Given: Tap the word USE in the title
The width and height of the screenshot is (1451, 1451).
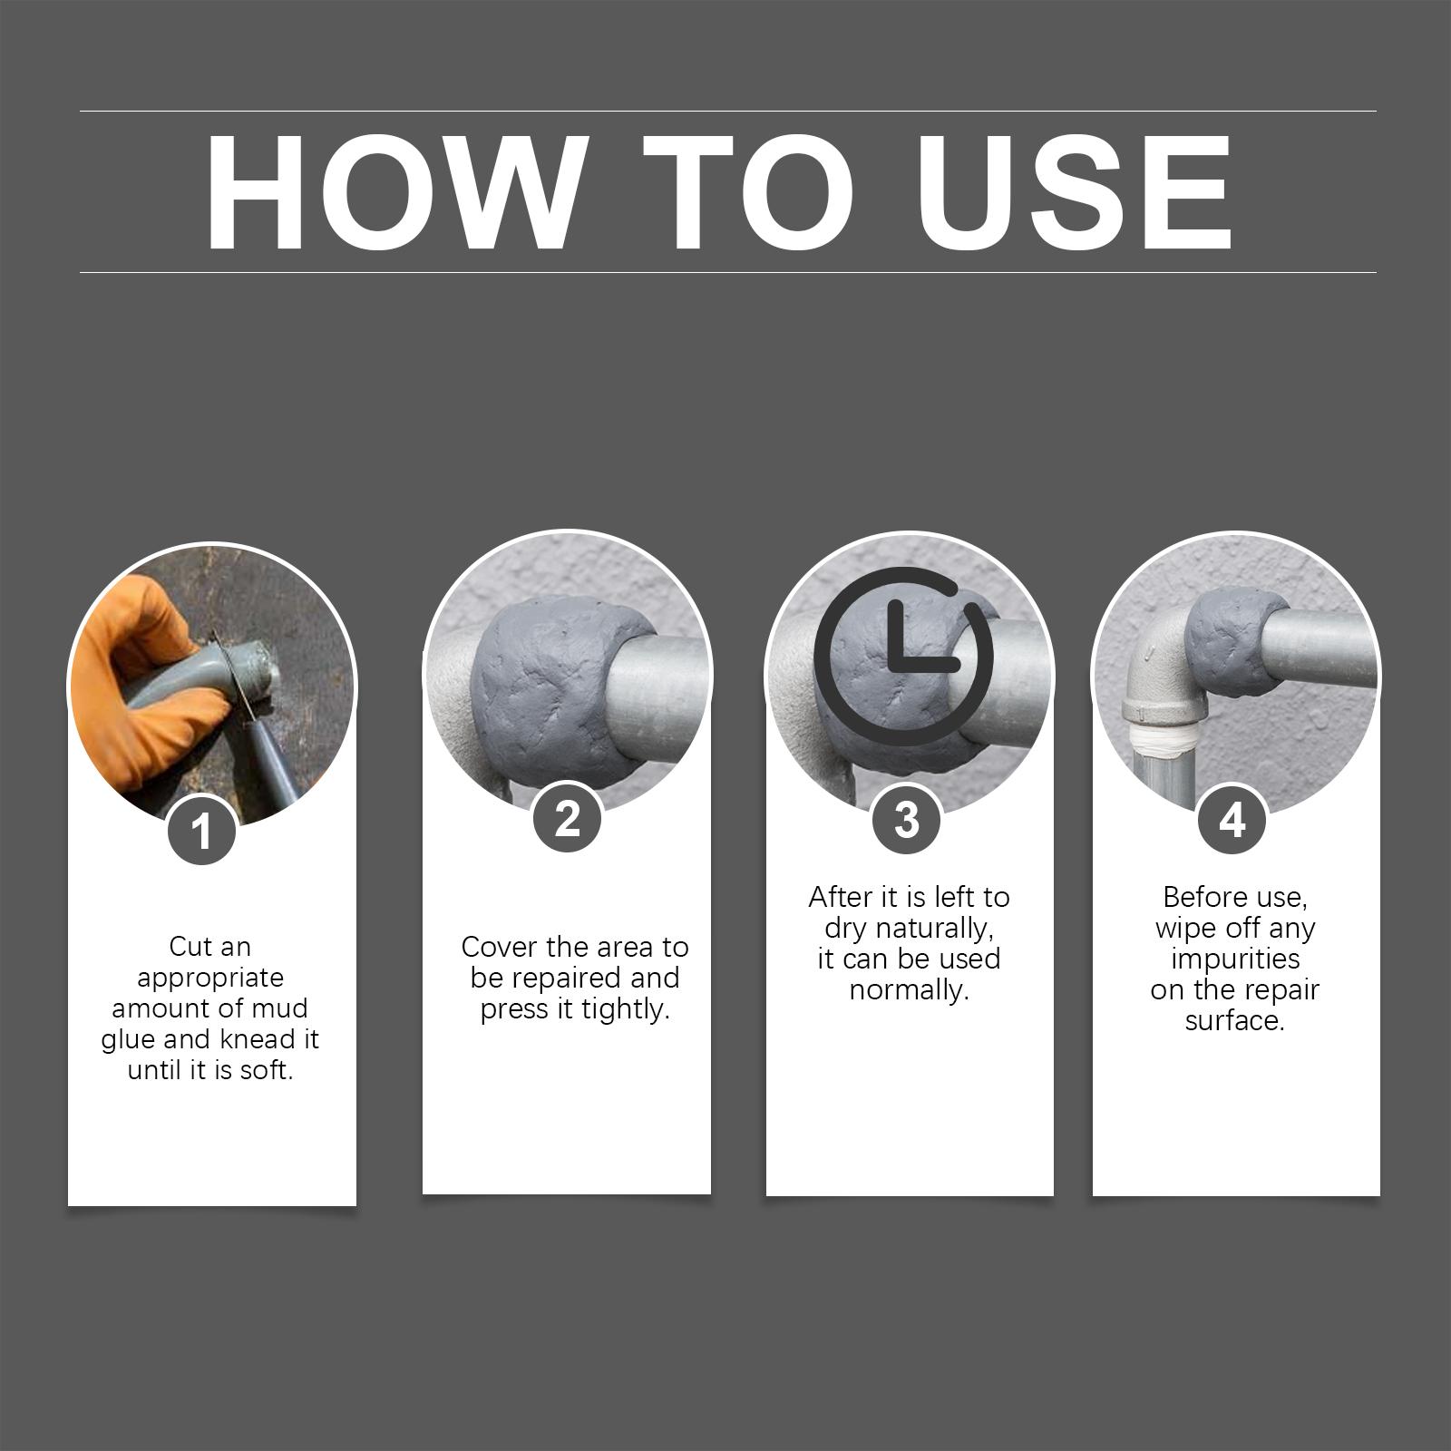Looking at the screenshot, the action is (x=1076, y=192).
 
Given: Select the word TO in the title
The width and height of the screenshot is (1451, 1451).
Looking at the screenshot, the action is (x=749, y=192).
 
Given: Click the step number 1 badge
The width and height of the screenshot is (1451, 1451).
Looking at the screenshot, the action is (x=202, y=830).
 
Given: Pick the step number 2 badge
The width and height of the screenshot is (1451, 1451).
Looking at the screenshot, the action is (x=568, y=818).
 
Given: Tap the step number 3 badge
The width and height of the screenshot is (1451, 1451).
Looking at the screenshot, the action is (x=907, y=819).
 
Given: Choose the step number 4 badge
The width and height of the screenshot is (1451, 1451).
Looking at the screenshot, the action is (x=1232, y=819).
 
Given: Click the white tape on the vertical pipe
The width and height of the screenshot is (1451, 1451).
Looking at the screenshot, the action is (x=1164, y=742).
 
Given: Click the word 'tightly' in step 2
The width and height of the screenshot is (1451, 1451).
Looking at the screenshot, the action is (x=624, y=1009).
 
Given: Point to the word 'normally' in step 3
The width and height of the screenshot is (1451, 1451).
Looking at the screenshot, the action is (x=909, y=989).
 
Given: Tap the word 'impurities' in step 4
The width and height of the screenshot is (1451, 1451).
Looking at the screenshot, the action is (x=1235, y=959).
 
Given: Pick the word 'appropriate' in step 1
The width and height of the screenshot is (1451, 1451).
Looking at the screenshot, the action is (x=210, y=979).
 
